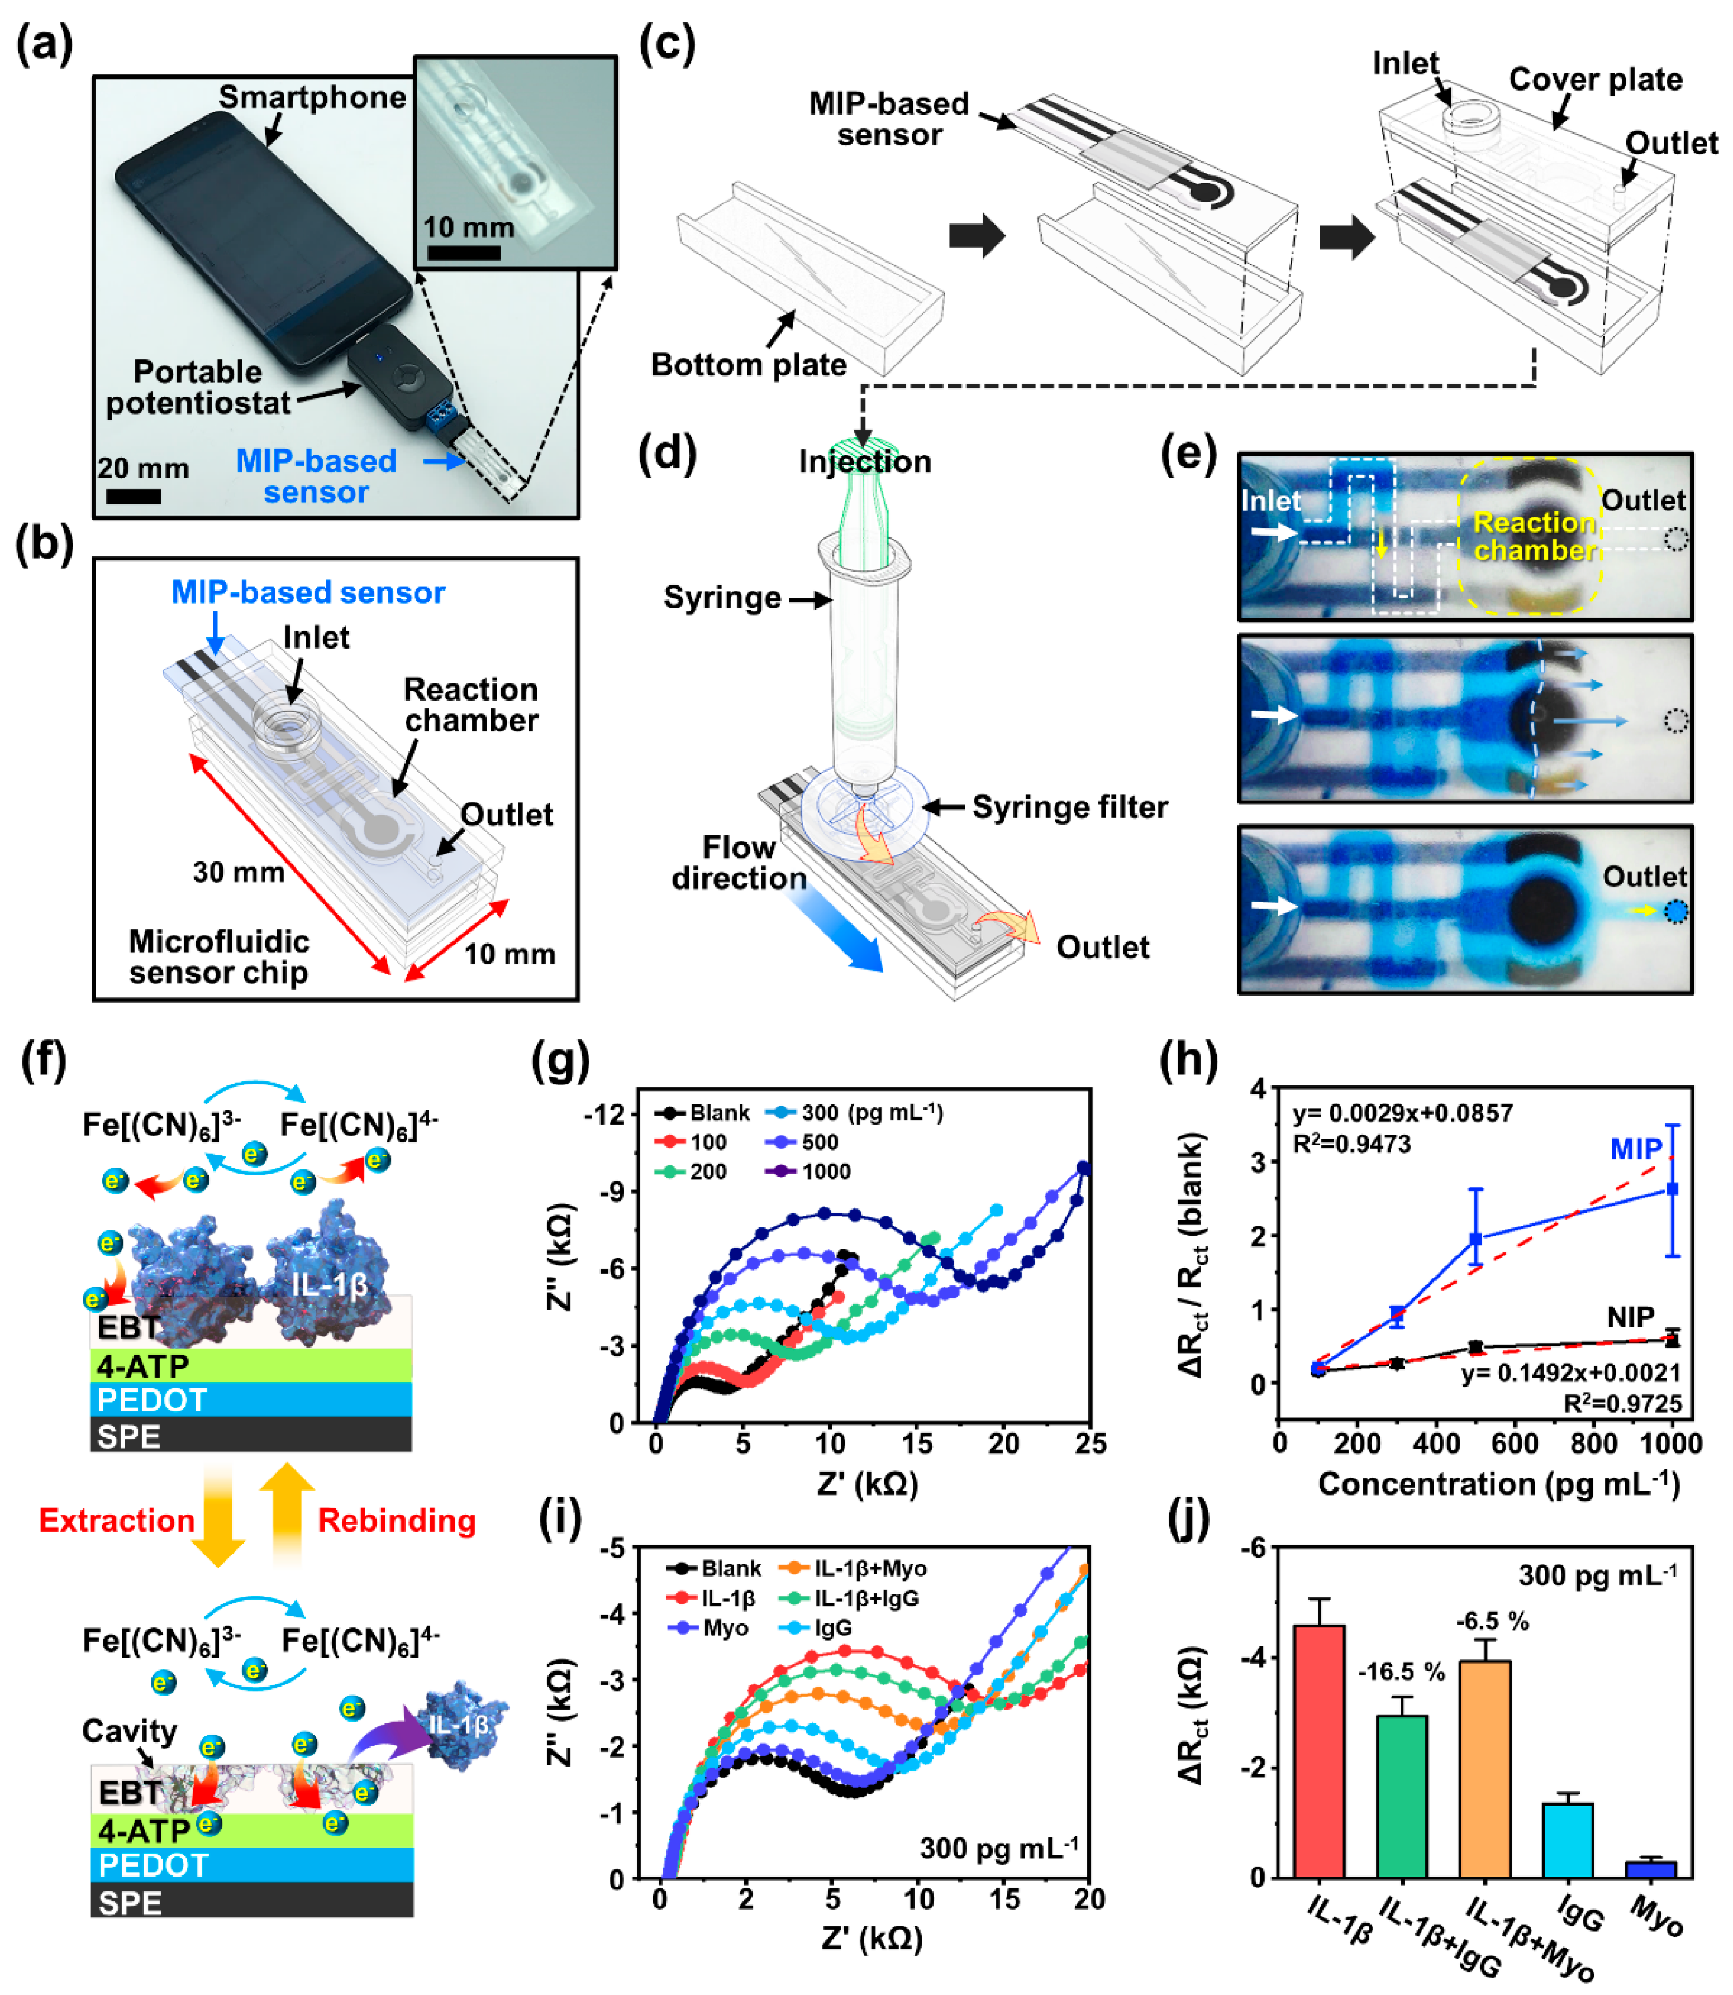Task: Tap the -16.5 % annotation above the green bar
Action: point(1401,1672)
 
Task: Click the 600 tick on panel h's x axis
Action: point(1515,1444)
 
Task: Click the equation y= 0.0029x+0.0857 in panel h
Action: point(1402,1113)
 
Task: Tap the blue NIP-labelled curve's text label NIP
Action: point(1631,1317)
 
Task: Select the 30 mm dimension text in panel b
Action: point(238,872)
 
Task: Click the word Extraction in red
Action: point(116,1520)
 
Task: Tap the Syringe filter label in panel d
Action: point(1070,807)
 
